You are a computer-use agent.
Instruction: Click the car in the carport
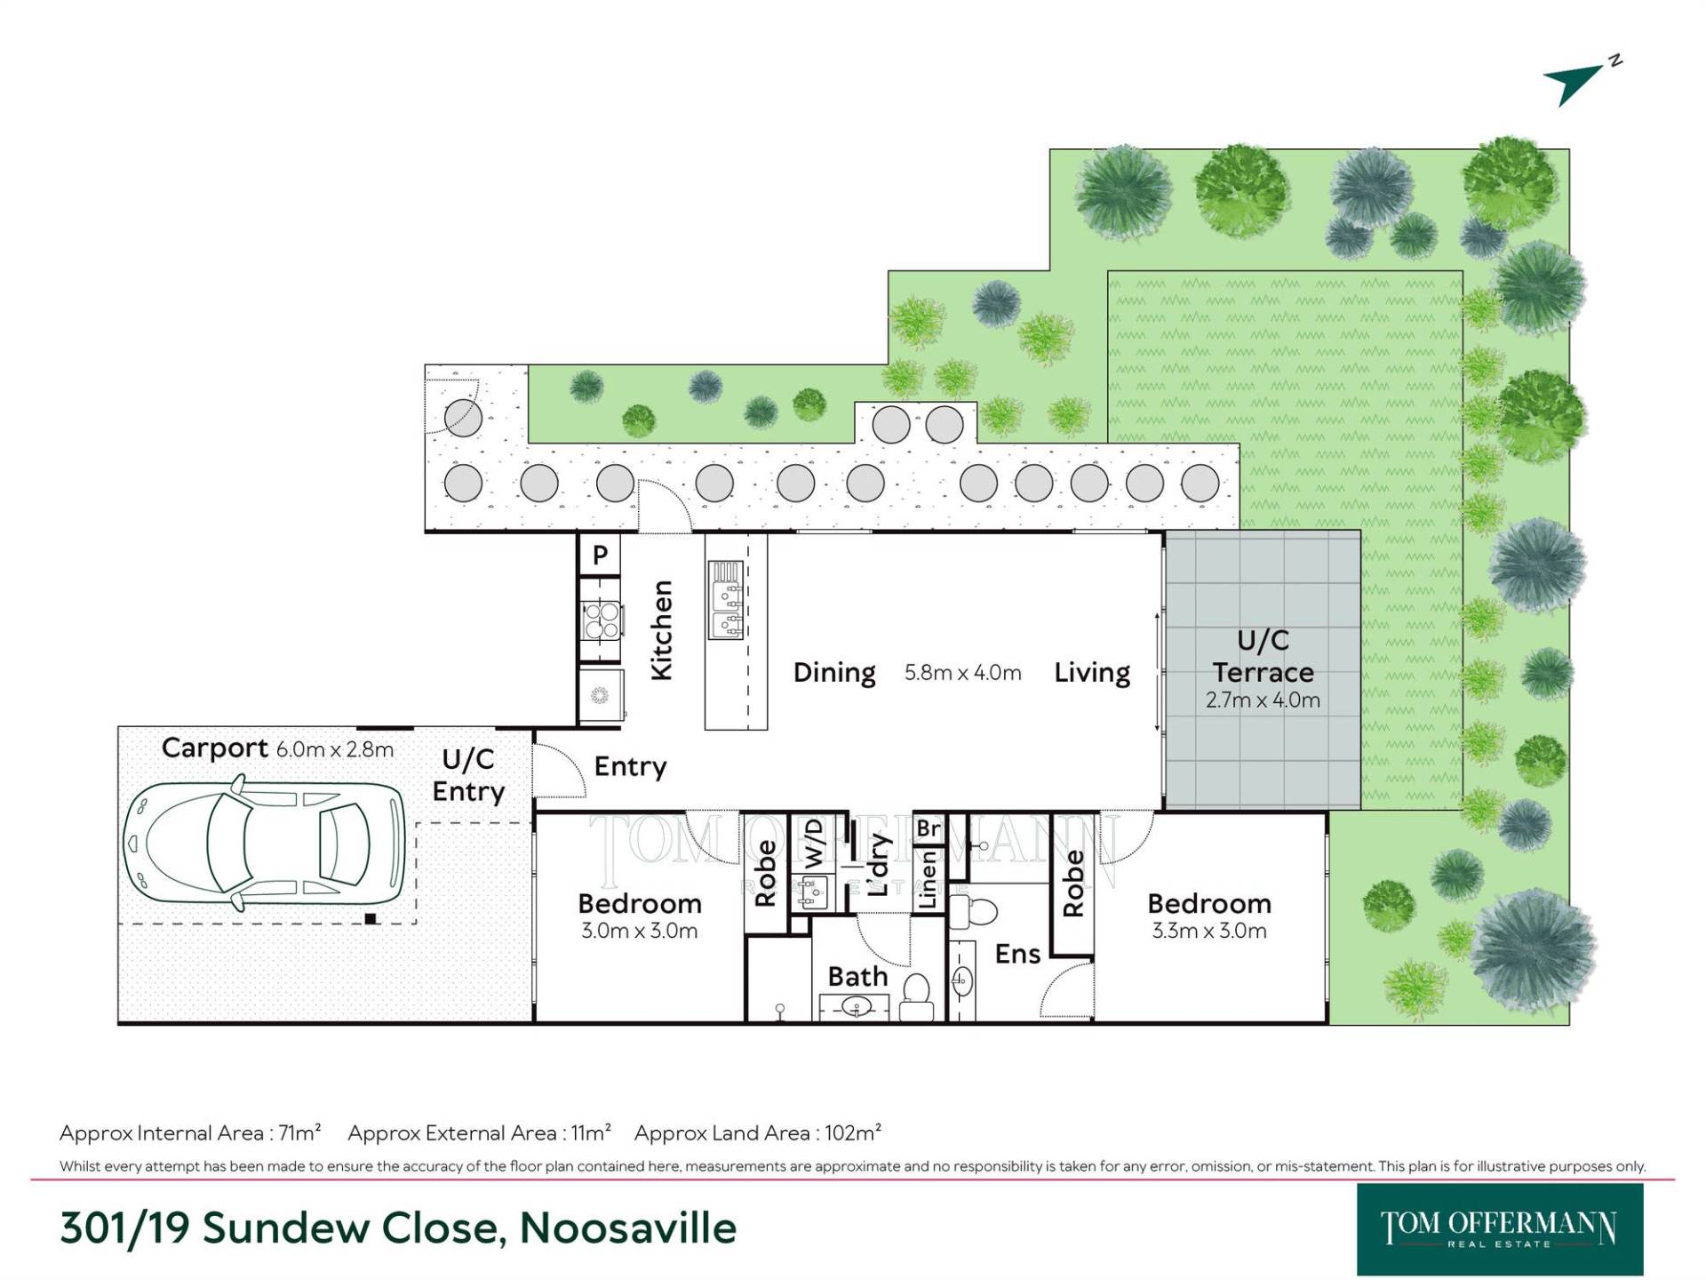(x=265, y=843)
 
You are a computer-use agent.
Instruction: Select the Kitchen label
(x=662, y=630)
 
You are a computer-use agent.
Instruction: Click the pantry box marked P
(x=600, y=555)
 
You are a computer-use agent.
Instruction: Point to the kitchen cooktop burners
(x=602, y=620)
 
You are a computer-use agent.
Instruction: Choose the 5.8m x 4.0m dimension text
(x=963, y=673)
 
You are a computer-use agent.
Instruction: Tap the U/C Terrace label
(x=1263, y=656)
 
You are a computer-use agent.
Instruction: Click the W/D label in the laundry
(x=814, y=844)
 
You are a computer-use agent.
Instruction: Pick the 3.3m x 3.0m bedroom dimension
(x=1209, y=932)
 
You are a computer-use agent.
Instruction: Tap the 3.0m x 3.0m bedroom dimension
(x=640, y=932)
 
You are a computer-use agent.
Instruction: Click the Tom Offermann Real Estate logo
(x=1500, y=1229)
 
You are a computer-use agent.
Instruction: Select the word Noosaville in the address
(x=628, y=1228)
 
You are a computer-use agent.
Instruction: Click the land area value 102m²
(x=852, y=1132)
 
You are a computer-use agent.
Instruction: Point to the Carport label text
(x=215, y=749)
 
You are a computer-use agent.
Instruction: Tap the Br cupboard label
(x=929, y=828)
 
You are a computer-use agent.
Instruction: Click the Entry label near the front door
(x=630, y=767)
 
